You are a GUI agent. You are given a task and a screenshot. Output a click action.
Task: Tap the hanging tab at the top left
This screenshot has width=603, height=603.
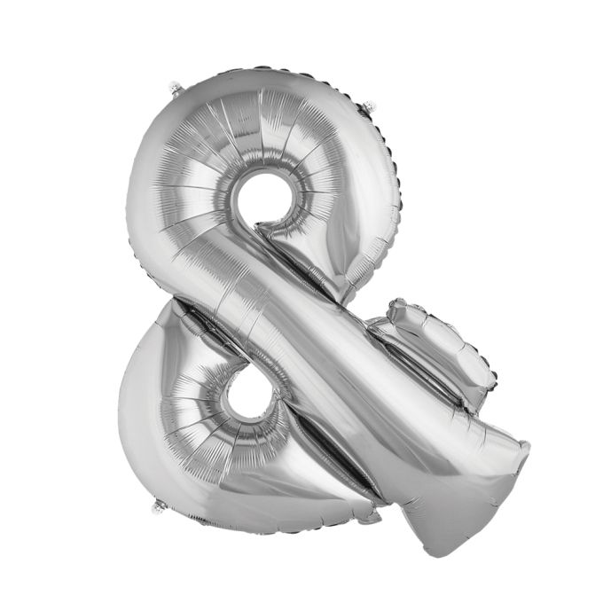point(176,87)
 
